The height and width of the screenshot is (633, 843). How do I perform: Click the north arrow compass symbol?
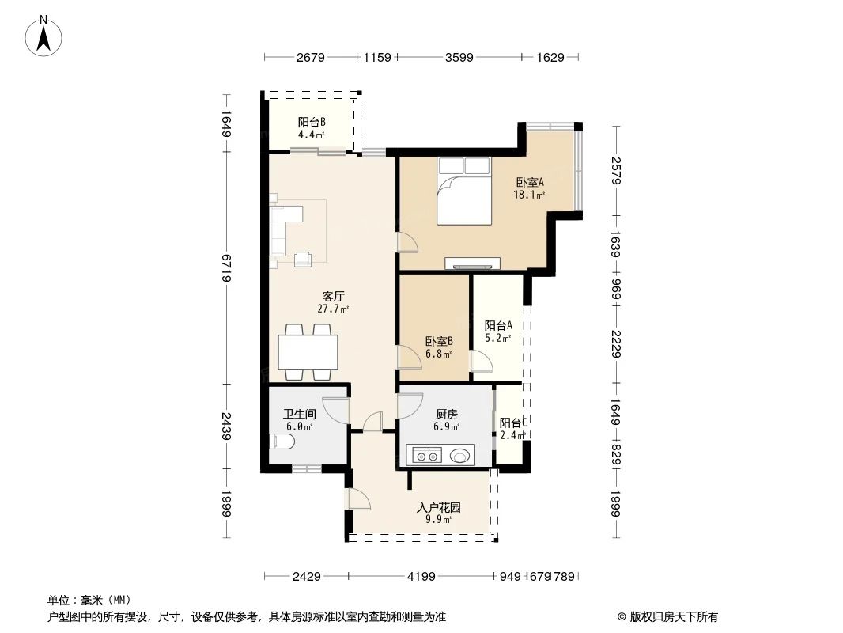[x=45, y=36]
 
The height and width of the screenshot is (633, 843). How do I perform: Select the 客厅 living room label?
[x=333, y=297]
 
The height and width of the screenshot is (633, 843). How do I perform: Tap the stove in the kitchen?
[x=429, y=455]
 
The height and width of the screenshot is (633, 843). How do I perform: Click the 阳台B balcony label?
[x=312, y=122]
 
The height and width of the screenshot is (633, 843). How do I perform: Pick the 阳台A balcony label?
[x=498, y=325]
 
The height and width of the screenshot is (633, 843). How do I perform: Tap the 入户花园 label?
[x=439, y=508]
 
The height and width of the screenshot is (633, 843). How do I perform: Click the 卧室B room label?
[x=439, y=342]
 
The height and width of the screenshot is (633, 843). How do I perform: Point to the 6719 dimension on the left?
[x=226, y=268]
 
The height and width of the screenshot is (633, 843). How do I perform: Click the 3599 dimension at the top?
[x=459, y=58]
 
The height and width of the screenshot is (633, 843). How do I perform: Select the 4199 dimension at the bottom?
[x=421, y=577]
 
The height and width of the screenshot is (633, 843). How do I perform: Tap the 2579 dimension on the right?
[x=616, y=169]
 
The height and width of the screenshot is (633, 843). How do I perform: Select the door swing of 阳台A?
[x=482, y=362]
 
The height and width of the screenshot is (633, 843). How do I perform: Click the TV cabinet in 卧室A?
[x=472, y=263]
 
